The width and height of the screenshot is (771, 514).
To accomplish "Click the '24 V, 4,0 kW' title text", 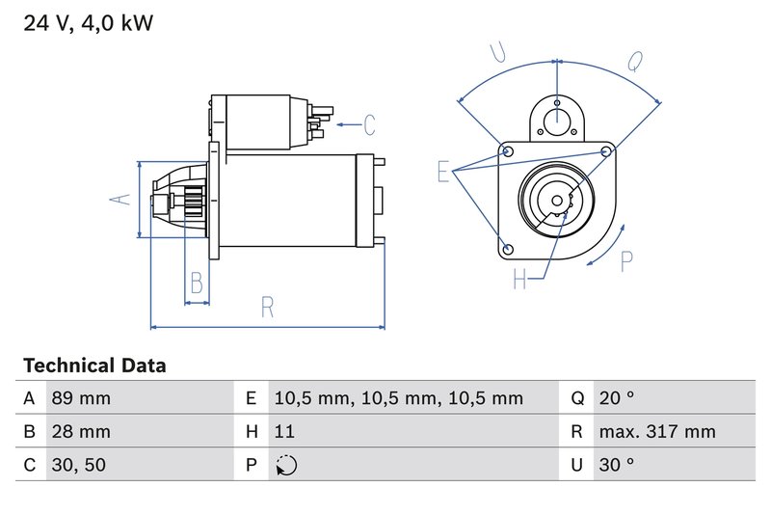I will pos(88,23).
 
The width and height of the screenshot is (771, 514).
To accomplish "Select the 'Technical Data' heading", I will pos(94,365).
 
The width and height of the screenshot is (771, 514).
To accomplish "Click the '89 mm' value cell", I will pos(80,398).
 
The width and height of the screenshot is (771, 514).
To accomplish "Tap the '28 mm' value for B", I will pos(80,432).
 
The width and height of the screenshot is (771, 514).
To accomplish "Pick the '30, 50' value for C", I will pos(77,465).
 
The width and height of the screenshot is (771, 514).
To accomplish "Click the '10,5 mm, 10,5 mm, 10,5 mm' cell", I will pos(398,398).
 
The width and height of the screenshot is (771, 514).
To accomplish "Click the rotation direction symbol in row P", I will pos(286,466).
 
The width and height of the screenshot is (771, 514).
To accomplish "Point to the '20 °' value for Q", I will pos(616,398).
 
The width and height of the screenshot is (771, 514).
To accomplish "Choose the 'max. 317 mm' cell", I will pos(656,432).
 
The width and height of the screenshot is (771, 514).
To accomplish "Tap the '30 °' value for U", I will pos(616,465).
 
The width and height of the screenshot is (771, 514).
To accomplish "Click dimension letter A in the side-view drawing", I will pos(120,200).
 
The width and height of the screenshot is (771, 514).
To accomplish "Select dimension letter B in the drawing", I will pos(197,284).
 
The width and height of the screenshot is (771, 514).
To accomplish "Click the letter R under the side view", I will pos(268,308).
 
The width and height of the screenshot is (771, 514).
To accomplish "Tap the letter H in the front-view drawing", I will pos(521,280).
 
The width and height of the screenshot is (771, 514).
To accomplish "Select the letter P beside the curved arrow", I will pos(627,260).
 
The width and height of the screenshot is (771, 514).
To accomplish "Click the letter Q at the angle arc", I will pos(635,62).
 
